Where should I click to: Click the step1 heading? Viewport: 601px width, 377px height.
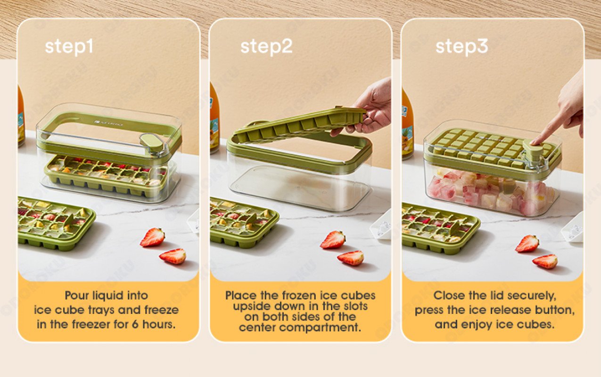[x=69, y=47]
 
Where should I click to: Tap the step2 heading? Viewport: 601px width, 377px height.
[x=266, y=47]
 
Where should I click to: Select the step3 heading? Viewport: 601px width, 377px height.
[x=461, y=47]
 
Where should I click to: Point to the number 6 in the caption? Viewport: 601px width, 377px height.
[x=135, y=325]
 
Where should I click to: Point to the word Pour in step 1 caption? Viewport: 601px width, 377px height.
[x=77, y=295]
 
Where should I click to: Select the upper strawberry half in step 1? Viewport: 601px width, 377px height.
[x=152, y=237]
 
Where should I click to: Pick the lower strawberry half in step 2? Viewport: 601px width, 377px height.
[x=351, y=258]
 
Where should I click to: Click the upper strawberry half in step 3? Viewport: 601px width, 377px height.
[x=527, y=243]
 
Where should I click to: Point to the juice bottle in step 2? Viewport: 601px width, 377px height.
[x=214, y=118]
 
